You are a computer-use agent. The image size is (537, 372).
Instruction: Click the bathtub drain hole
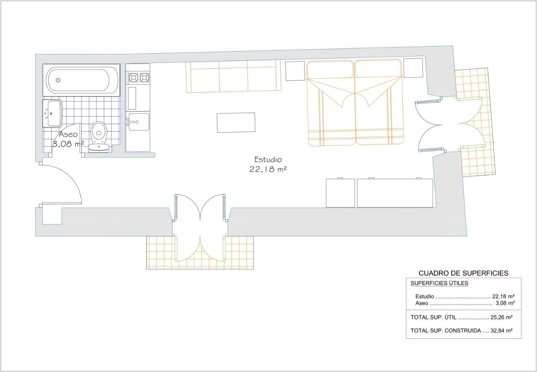tap(58, 80)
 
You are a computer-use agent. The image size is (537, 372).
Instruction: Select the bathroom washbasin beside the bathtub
tap(52, 113)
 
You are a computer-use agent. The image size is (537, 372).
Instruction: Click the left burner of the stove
tap(133, 78)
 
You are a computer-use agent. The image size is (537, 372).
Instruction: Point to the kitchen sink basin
tap(138, 122)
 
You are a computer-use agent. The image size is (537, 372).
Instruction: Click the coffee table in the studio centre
tap(236, 122)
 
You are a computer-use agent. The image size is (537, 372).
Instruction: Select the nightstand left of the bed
tap(295, 71)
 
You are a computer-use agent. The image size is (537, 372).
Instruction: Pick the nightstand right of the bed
tap(413, 68)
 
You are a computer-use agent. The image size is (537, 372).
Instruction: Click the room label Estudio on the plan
tap(268, 159)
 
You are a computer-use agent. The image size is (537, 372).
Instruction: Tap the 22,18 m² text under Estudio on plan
tap(268, 169)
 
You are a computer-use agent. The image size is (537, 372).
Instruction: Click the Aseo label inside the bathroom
tap(68, 134)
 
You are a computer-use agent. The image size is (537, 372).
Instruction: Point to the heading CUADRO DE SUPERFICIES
tap(464, 273)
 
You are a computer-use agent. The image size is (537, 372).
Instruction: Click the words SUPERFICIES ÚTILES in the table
tap(439, 284)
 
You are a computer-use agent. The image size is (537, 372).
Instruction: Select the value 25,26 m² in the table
tap(501, 317)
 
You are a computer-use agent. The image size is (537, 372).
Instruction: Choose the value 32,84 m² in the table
tap(501, 331)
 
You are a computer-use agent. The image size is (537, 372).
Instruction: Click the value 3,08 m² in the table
tap(505, 303)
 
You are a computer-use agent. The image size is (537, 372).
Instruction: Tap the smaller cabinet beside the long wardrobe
tap(340, 193)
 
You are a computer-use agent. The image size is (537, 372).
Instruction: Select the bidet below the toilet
tap(99, 148)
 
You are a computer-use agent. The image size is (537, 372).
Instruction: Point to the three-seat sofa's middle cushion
tap(233, 76)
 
